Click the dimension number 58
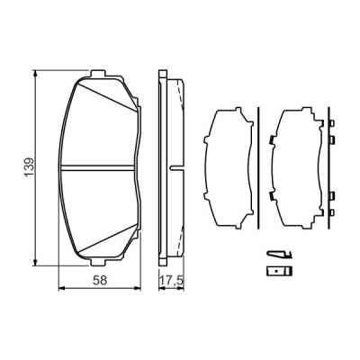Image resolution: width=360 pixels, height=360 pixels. tap(103, 280)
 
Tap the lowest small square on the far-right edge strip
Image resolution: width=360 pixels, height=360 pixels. tap(332, 212)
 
